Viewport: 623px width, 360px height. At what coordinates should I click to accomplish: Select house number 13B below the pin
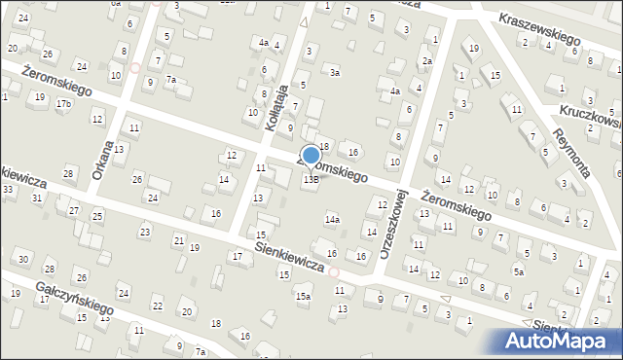point(311,179)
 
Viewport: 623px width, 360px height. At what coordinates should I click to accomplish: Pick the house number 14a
point(332,220)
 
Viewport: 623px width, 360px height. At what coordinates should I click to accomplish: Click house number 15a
point(304,296)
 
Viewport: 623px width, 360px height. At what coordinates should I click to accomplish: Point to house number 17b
point(64,103)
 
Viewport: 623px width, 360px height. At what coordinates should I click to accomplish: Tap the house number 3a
point(334,72)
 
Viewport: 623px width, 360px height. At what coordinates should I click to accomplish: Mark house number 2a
point(426,61)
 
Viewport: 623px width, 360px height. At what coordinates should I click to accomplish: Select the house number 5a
point(520,272)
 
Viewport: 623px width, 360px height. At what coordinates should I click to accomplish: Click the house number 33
point(7,189)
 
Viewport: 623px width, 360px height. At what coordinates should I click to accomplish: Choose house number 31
point(37,198)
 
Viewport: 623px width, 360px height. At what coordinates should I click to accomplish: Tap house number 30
point(22,259)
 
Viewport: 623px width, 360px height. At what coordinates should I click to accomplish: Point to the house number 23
point(145,232)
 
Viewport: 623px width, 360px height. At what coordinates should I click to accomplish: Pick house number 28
point(68,173)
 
